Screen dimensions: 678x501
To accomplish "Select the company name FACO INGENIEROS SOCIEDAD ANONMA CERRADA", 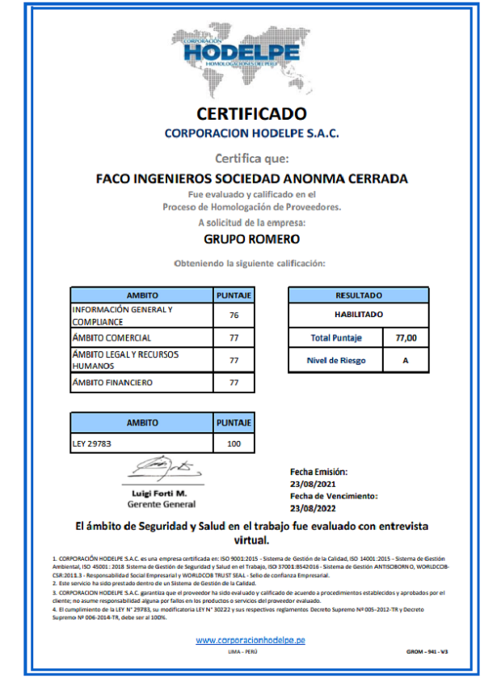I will point(251,178).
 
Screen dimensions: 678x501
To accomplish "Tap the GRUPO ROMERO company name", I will point(251,239).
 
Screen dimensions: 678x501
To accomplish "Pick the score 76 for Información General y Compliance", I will point(234,316).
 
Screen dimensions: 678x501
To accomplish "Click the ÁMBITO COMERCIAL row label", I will point(112,337).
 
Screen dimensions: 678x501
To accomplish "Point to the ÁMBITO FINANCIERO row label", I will point(113,382).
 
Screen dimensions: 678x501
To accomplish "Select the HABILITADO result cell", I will point(358,315).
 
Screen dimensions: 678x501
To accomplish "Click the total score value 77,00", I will point(406,337).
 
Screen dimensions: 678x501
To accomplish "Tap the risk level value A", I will point(406,360).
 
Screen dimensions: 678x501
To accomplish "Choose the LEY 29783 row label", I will point(92,443).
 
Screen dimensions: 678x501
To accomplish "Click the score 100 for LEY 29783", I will point(234,443).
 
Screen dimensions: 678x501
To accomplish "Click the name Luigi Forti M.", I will point(159,493).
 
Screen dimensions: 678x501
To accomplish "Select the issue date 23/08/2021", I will point(312,484).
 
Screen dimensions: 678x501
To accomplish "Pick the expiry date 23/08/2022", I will point(312,508).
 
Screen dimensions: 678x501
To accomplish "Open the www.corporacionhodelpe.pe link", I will point(250,640).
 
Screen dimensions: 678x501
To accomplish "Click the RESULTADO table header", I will point(358,295).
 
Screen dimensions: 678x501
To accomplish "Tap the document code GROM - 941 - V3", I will point(427,651).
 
